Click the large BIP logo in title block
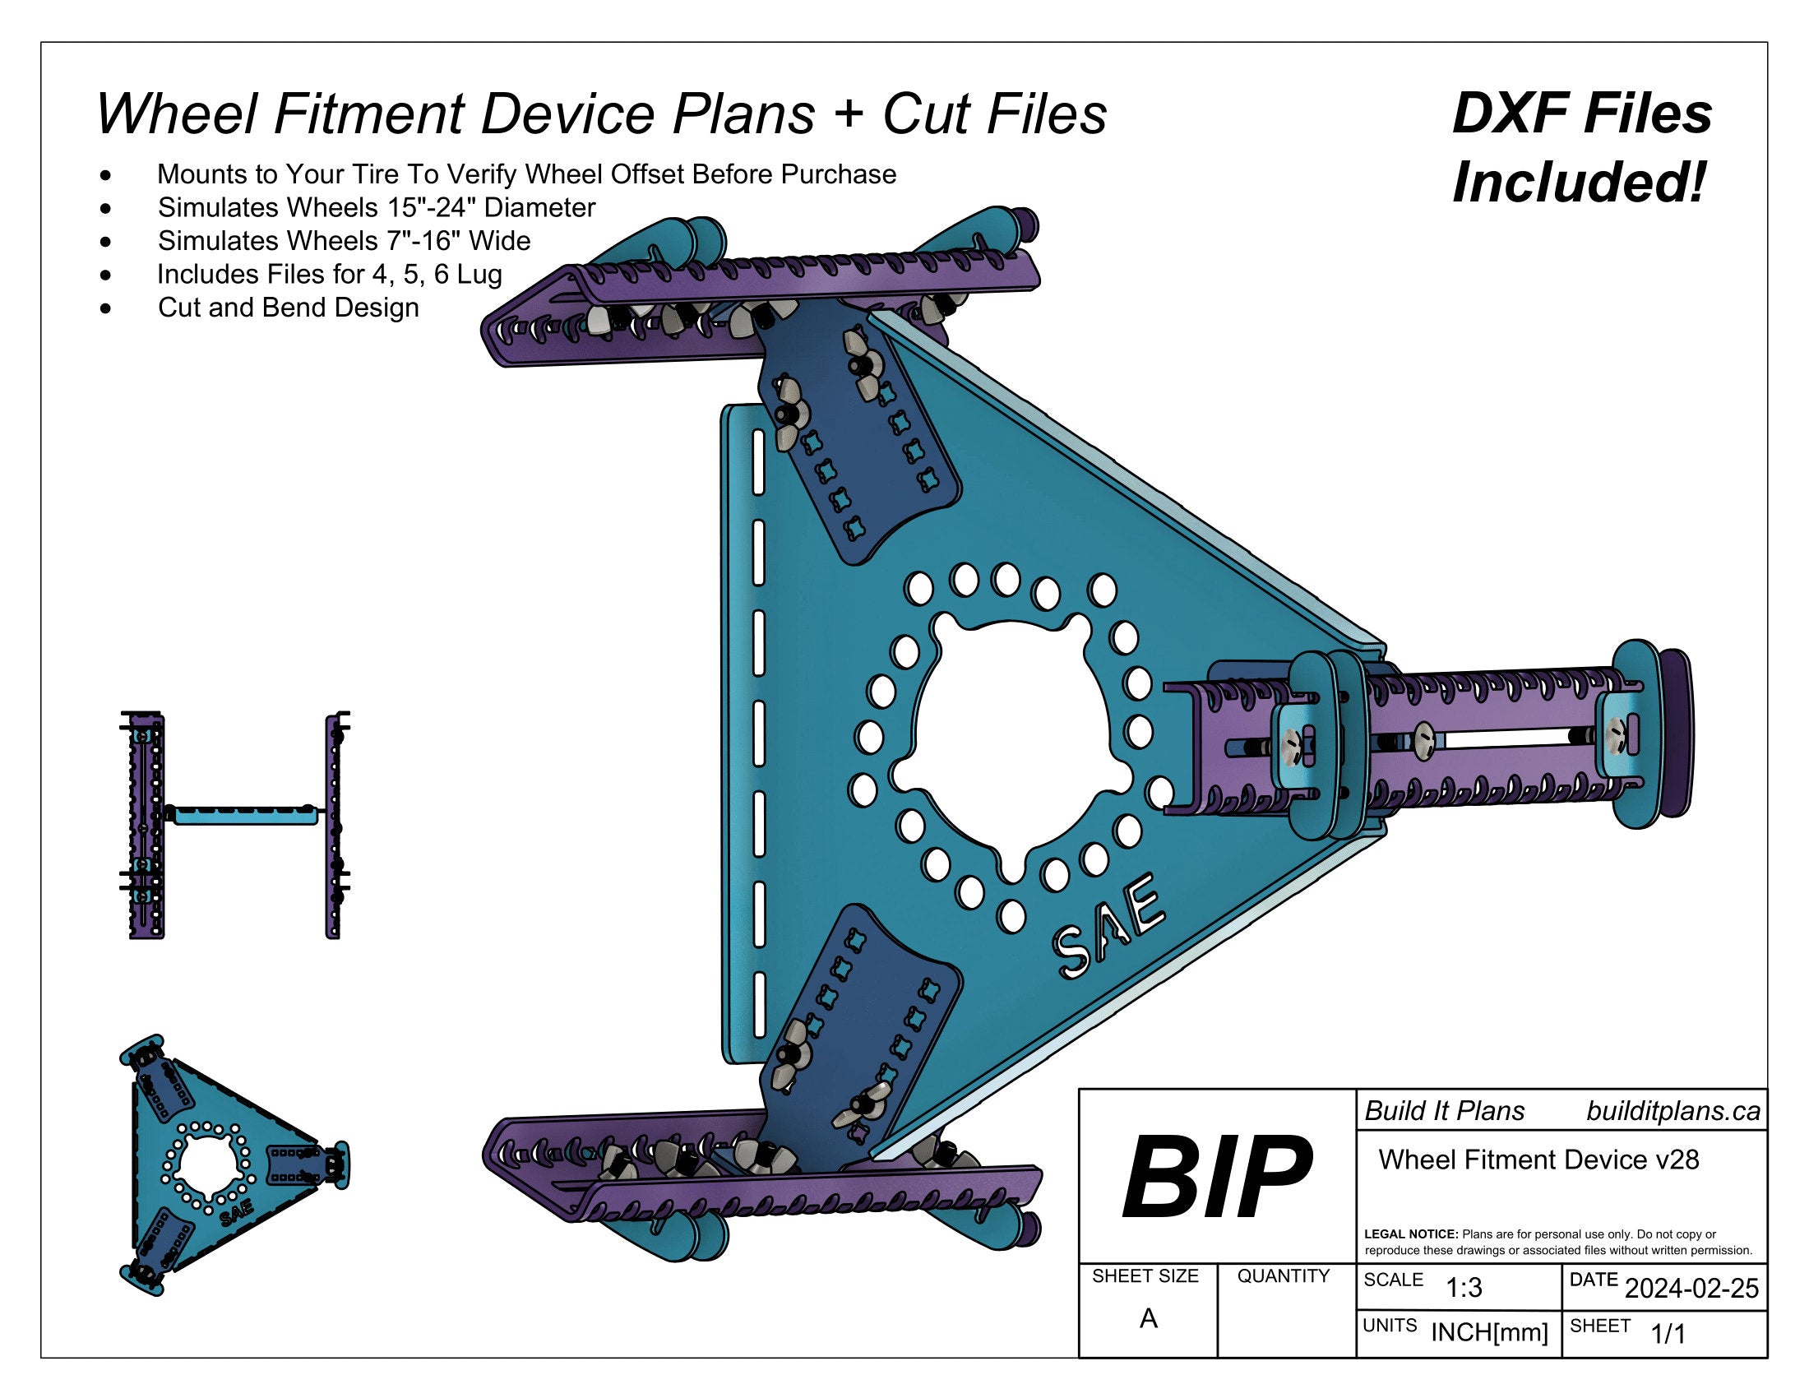[1215, 1177]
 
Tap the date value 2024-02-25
[1691, 1289]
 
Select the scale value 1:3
[1463, 1288]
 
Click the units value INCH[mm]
[1488, 1332]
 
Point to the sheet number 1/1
[1668, 1334]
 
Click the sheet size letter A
[1148, 1318]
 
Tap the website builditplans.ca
[1673, 1112]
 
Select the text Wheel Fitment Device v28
[1538, 1160]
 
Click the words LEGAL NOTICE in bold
[1409, 1234]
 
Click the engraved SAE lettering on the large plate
[1108, 927]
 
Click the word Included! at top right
[1579, 183]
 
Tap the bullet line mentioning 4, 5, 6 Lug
[329, 274]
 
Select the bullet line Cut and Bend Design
[288, 308]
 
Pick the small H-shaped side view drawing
[236, 824]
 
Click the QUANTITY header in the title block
[1283, 1276]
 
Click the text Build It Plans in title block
[1444, 1112]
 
